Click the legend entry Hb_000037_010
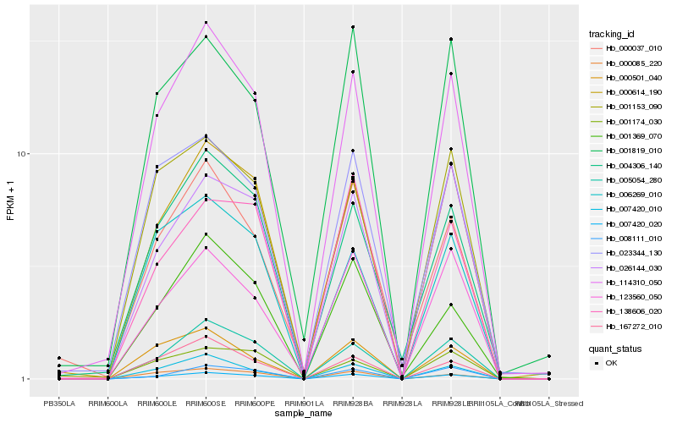click(x=627, y=48)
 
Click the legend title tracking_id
click(x=611, y=34)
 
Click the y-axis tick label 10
click(x=25, y=154)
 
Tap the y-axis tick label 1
click(x=27, y=379)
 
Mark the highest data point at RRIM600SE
click(x=206, y=22)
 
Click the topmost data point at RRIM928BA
click(x=353, y=27)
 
